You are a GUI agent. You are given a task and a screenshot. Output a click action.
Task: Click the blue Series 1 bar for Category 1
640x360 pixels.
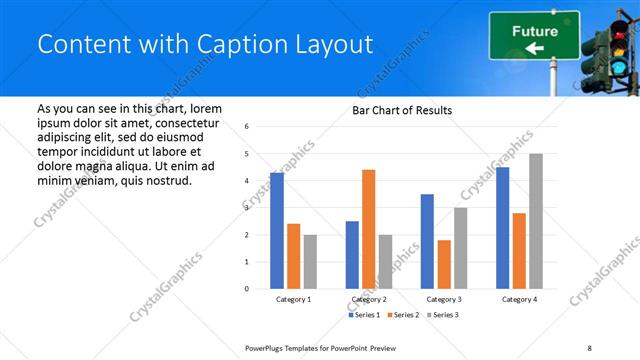tap(277, 231)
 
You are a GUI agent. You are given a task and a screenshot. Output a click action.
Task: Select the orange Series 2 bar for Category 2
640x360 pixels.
tap(369, 229)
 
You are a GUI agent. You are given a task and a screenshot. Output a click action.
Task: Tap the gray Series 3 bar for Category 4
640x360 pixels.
tap(536, 221)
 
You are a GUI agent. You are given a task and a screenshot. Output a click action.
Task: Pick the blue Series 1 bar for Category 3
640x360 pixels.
tap(427, 241)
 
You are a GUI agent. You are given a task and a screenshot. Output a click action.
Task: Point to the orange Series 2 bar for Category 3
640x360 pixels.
tap(444, 264)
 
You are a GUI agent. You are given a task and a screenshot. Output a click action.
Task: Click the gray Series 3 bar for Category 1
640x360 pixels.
tap(310, 262)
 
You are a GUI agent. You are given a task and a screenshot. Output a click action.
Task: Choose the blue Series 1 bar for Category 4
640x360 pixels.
tap(502, 228)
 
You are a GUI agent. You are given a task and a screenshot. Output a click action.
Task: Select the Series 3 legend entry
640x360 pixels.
tap(444, 315)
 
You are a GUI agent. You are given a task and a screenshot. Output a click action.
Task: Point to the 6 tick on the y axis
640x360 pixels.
tap(247, 127)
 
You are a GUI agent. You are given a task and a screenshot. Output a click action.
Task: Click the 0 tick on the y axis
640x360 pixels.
tap(247, 289)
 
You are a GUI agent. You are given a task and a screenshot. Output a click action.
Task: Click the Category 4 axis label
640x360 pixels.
tap(518, 299)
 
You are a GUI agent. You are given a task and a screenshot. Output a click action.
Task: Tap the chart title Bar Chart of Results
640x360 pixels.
tap(402, 110)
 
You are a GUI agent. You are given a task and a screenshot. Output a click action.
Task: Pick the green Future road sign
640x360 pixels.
tap(534, 35)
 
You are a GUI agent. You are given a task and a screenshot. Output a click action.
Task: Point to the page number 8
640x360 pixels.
tap(589, 347)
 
